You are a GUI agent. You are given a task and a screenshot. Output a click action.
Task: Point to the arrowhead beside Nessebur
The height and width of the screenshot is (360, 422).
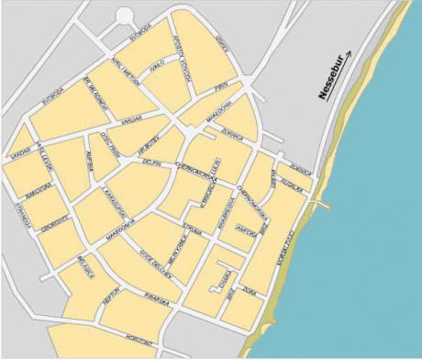pos(347,54)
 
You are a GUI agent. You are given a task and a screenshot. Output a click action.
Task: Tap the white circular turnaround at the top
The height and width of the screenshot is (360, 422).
pos(126,17)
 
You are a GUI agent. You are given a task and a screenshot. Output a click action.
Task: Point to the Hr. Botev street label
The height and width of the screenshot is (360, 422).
pos(149,144)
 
